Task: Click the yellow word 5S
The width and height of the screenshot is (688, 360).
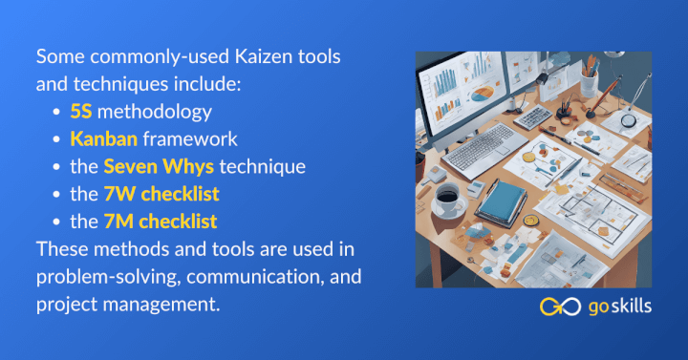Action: tap(82, 112)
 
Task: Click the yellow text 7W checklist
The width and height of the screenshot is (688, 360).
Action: tap(161, 195)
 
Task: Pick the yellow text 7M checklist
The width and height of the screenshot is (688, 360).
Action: tap(160, 222)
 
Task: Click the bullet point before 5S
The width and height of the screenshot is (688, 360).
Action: tap(59, 113)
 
